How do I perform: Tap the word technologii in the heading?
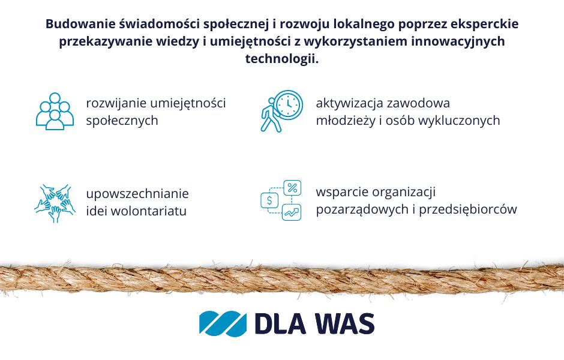coord(282,59)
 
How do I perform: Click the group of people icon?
coord(55,111)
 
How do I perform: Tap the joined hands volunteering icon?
coord(55,203)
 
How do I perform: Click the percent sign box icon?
coord(292,188)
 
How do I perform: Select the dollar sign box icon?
coord(269,200)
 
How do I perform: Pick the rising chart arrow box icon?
coord(292,212)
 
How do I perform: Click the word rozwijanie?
coord(116,104)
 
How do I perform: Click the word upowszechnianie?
coord(137,194)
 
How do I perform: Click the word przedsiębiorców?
coord(468,209)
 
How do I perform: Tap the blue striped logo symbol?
coord(223,323)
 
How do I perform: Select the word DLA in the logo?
coord(281,323)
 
